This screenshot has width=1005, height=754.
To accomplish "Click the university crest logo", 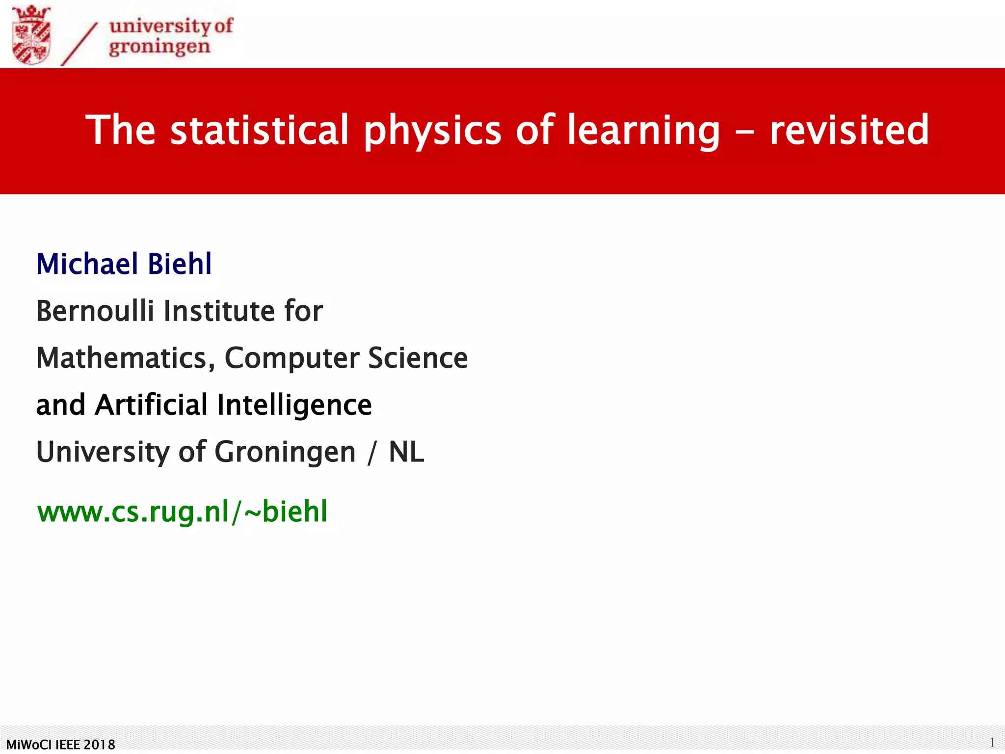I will [x=31, y=35].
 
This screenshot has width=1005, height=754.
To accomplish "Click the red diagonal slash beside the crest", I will [x=79, y=44].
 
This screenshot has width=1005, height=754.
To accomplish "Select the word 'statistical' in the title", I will [x=259, y=130].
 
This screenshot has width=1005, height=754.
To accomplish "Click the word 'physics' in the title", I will [x=432, y=131].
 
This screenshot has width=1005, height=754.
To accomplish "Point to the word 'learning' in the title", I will [x=643, y=131].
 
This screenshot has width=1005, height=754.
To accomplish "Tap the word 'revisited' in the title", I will [x=849, y=130].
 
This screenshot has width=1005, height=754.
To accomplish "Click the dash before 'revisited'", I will [x=744, y=132].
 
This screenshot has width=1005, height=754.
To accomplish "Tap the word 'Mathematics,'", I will [x=126, y=358].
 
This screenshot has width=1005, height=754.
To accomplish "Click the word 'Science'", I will [x=418, y=358].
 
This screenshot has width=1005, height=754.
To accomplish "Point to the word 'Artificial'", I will [x=152, y=405].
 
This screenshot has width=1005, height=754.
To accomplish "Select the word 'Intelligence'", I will [x=294, y=405].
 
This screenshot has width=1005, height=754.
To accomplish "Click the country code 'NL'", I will [x=406, y=452].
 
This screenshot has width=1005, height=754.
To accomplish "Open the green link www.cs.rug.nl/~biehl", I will [x=183, y=512].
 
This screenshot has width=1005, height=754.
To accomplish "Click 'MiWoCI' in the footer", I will [x=29, y=745].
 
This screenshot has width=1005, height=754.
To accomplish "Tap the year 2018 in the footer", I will [x=100, y=745].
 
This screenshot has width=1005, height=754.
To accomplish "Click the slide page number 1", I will [x=992, y=742].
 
